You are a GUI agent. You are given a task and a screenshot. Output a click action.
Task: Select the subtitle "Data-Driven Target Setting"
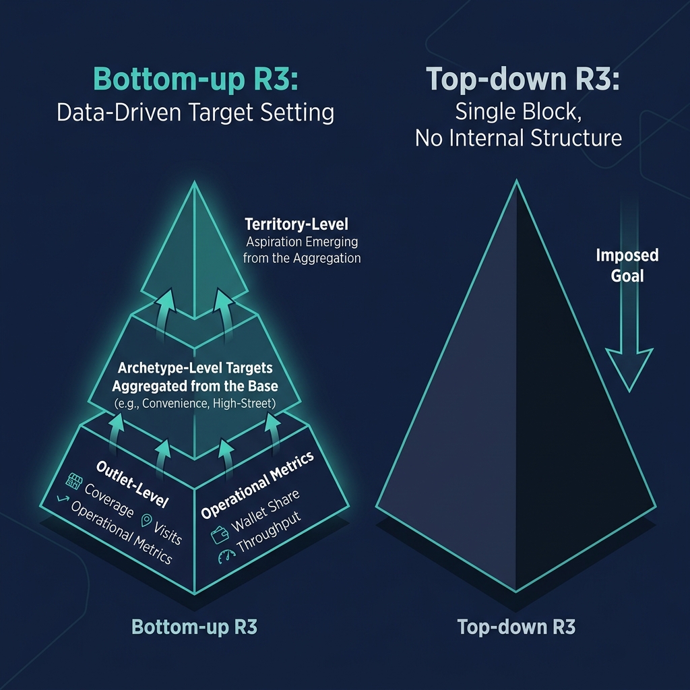(195, 112)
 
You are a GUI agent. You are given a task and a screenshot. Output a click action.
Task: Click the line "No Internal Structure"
(517, 138)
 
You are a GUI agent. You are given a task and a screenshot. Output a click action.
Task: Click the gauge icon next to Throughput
(225, 557)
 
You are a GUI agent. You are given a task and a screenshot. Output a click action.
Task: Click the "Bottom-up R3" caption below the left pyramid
(194, 627)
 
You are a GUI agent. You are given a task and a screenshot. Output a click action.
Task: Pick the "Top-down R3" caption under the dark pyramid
(516, 627)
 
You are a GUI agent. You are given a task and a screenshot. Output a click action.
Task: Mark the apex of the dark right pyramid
(516, 182)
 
